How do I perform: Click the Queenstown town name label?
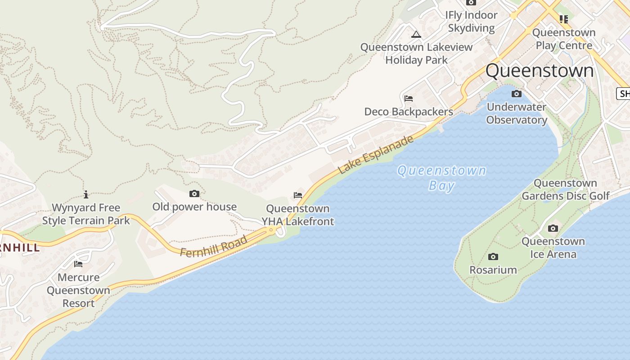click(x=540, y=71)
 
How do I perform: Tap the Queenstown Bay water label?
click(x=441, y=178)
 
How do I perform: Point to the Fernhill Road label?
click(x=214, y=247)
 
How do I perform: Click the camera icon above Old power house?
click(x=194, y=194)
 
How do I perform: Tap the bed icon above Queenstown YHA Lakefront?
click(x=298, y=195)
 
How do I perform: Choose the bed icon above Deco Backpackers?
click(x=409, y=99)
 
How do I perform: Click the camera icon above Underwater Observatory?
click(x=517, y=94)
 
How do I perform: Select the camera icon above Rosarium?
click(x=493, y=257)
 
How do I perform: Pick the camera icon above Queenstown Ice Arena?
click(x=553, y=229)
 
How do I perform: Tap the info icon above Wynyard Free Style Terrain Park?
click(x=86, y=194)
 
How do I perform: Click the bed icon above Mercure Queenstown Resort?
click(x=78, y=264)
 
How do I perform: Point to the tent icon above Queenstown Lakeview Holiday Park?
click(x=416, y=34)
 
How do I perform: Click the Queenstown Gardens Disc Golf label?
click(x=565, y=189)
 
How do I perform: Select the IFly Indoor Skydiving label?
click(x=471, y=22)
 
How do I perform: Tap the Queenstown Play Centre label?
click(x=564, y=39)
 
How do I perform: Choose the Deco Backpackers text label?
click(x=409, y=112)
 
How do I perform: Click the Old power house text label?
click(x=194, y=207)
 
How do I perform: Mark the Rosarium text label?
click(x=493, y=270)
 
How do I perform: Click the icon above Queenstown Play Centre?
click(x=564, y=19)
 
